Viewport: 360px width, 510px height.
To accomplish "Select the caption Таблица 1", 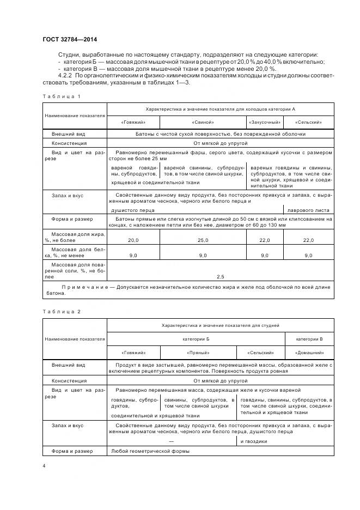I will click(61, 96).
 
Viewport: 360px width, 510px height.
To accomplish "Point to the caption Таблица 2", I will click(61, 311).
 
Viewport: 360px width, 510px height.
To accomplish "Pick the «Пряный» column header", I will click(196, 353).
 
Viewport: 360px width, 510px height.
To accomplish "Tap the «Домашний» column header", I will click(308, 353).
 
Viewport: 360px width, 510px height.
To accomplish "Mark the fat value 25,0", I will click(203, 240).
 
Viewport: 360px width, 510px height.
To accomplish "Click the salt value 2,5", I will click(220, 276).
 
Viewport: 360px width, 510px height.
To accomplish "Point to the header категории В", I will click(309, 339).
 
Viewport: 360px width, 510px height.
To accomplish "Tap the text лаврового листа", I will click(308, 209).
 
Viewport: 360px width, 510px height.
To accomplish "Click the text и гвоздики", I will click(253, 441).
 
